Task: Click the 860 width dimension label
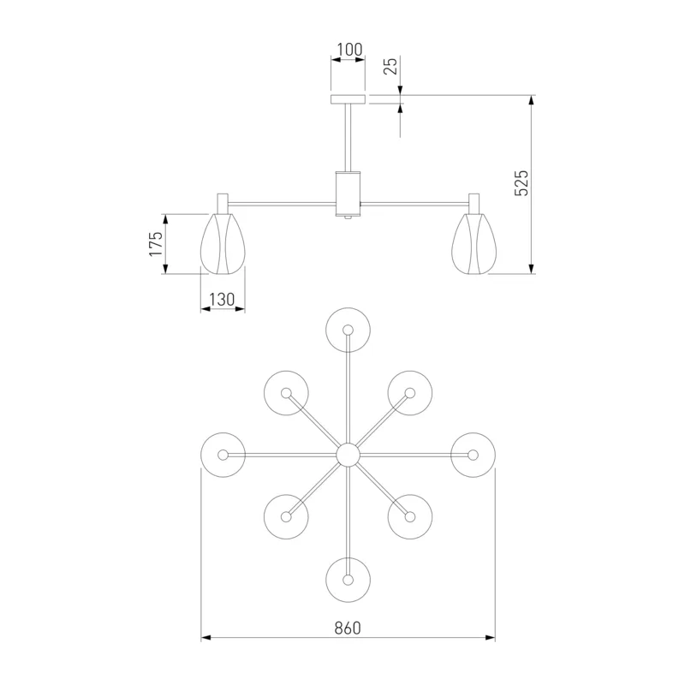pyautogui.click(x=348, y=628)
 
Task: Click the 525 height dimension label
pyautogui.click(x=521, y=183)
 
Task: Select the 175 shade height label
pyautogui.click(x=156, y=243)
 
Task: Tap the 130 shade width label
pyautogui.click(x=222, y=300)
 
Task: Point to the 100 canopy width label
pyautogui.click(x=350, y=50)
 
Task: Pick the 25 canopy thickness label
pyautogui.click(x=391, y=66)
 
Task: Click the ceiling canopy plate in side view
pyautogui.click(x=348, y=99)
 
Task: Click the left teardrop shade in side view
pyautogui.click(x=223, y=244)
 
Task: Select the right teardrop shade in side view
pyautogui.click(x=474, y=244)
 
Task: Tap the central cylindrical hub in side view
pyautogui.click(x=348, y=194)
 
